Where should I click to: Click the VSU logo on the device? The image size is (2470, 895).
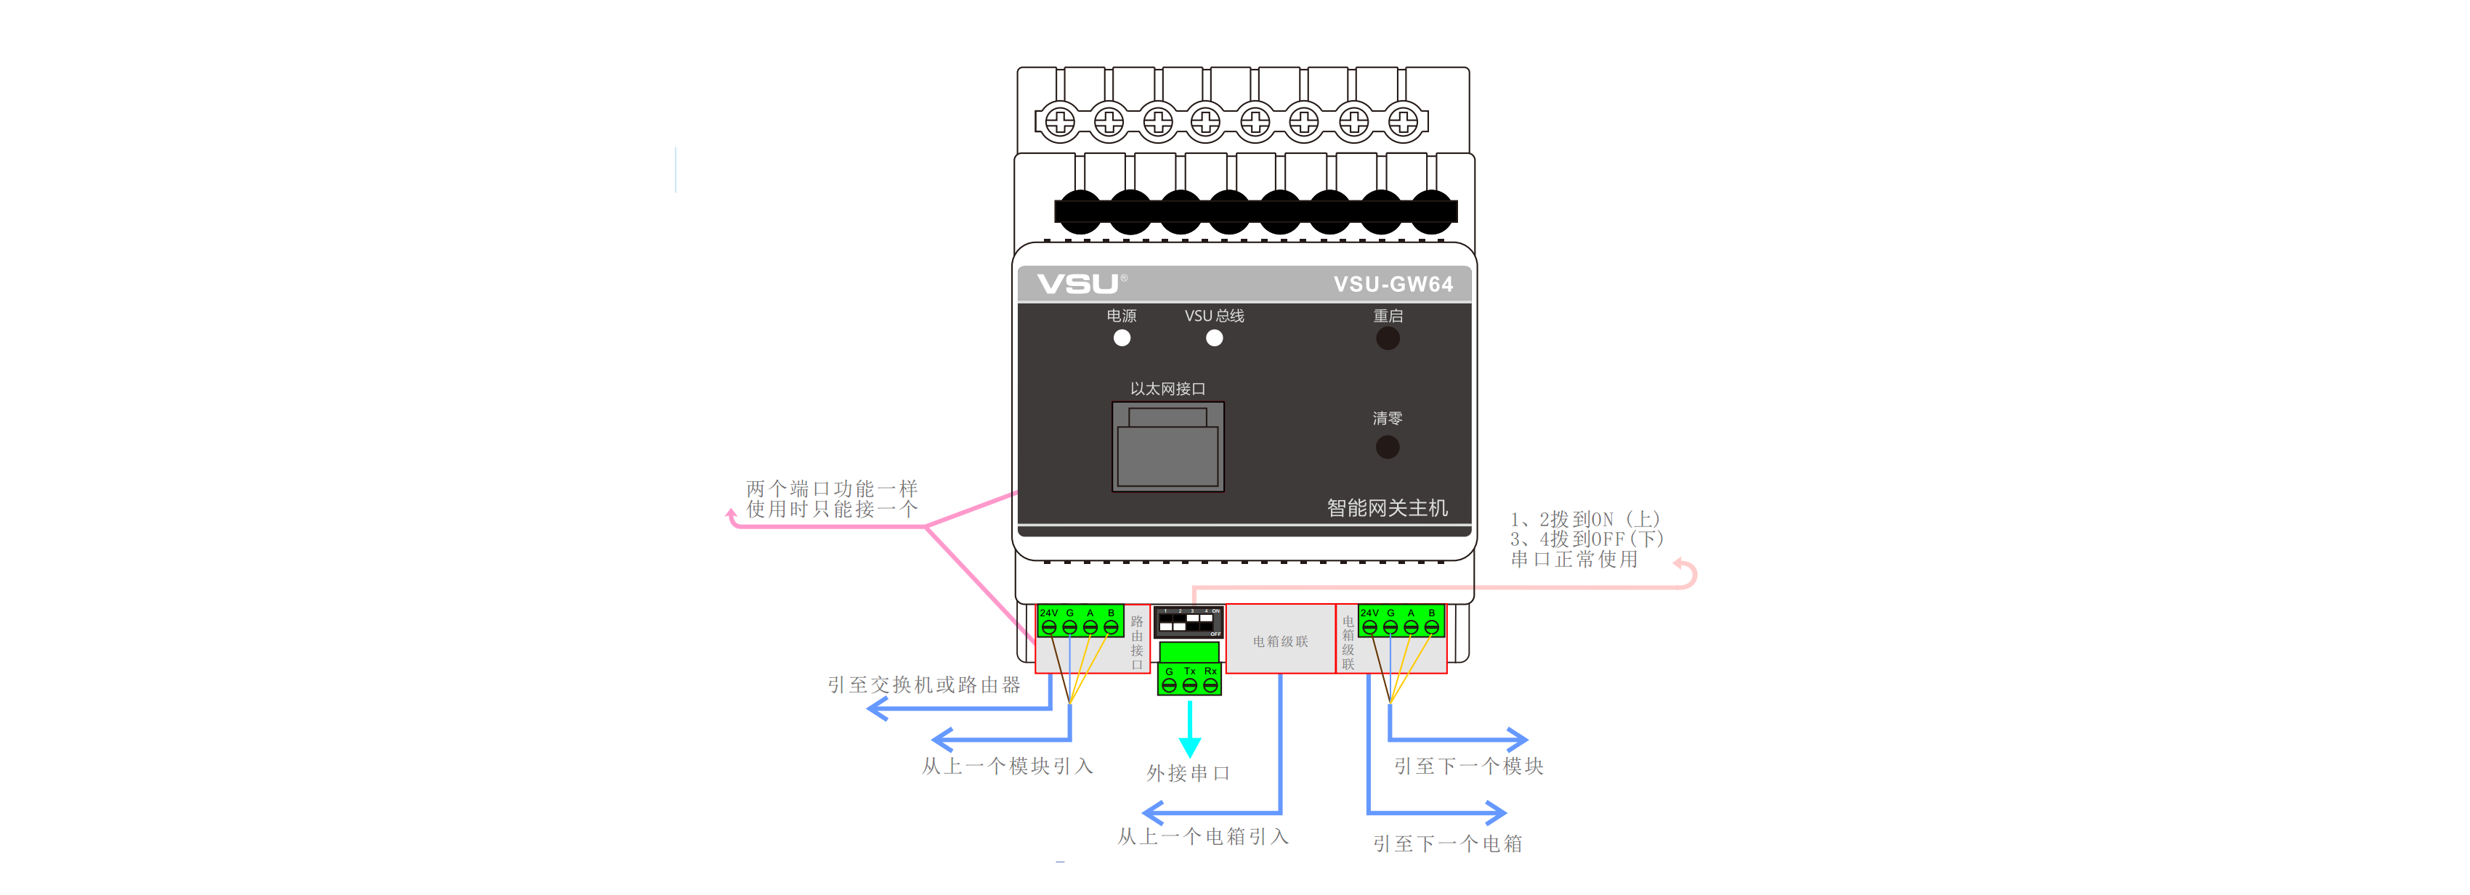tap(1078, 284)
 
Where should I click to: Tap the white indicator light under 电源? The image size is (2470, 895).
tap(1122, 338)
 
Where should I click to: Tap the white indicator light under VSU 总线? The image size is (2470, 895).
tap(1214, 338)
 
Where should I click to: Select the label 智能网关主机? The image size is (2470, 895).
tap(1387, 508)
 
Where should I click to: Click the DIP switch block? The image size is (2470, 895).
tap(1187, 623)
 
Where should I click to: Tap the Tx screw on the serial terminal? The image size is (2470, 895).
tap(1190, 685)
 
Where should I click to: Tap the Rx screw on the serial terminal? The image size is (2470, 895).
tap(1210, 685)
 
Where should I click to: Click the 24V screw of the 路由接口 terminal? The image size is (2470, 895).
tap(1049, 628)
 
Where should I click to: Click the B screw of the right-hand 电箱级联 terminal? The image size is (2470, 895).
tap(1432, 628)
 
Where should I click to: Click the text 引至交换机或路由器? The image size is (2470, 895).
tap(923, 685)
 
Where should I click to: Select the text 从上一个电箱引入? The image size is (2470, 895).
tap(1202, 836)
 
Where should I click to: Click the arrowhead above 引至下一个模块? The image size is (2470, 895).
tap(1517, 740)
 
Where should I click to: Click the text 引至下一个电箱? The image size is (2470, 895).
tap(1447, 844)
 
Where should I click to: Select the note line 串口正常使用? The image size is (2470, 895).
tap(1574, 560)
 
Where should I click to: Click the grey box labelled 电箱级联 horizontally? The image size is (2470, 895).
tap(1280, 641)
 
